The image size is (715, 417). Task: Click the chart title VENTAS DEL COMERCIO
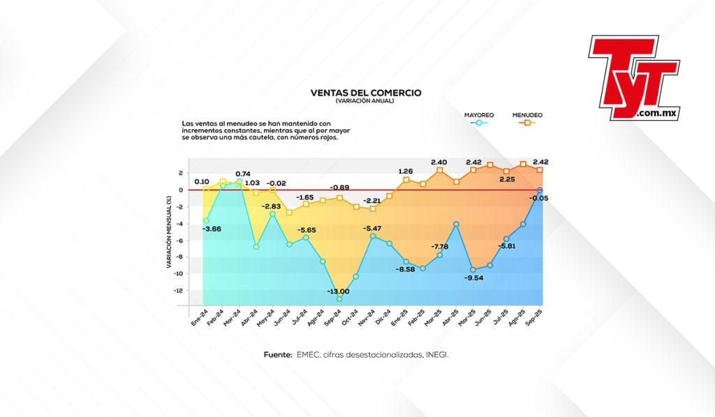tap(366, 92)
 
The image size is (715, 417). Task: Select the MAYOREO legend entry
tap(479, 115)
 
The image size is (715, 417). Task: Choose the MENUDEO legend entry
tap(527, 115)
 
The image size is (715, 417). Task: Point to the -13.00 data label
tap(339, 291)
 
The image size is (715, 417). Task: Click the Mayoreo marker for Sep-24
tap(339, 299)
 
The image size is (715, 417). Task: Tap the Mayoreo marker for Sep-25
tap(540, 190)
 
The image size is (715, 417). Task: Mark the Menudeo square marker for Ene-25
tap(406, 180)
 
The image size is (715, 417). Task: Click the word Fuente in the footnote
tap(278, 355)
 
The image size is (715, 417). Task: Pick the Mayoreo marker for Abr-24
tap(256, 247)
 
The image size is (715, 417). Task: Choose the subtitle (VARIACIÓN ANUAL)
tap(365, 101)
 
